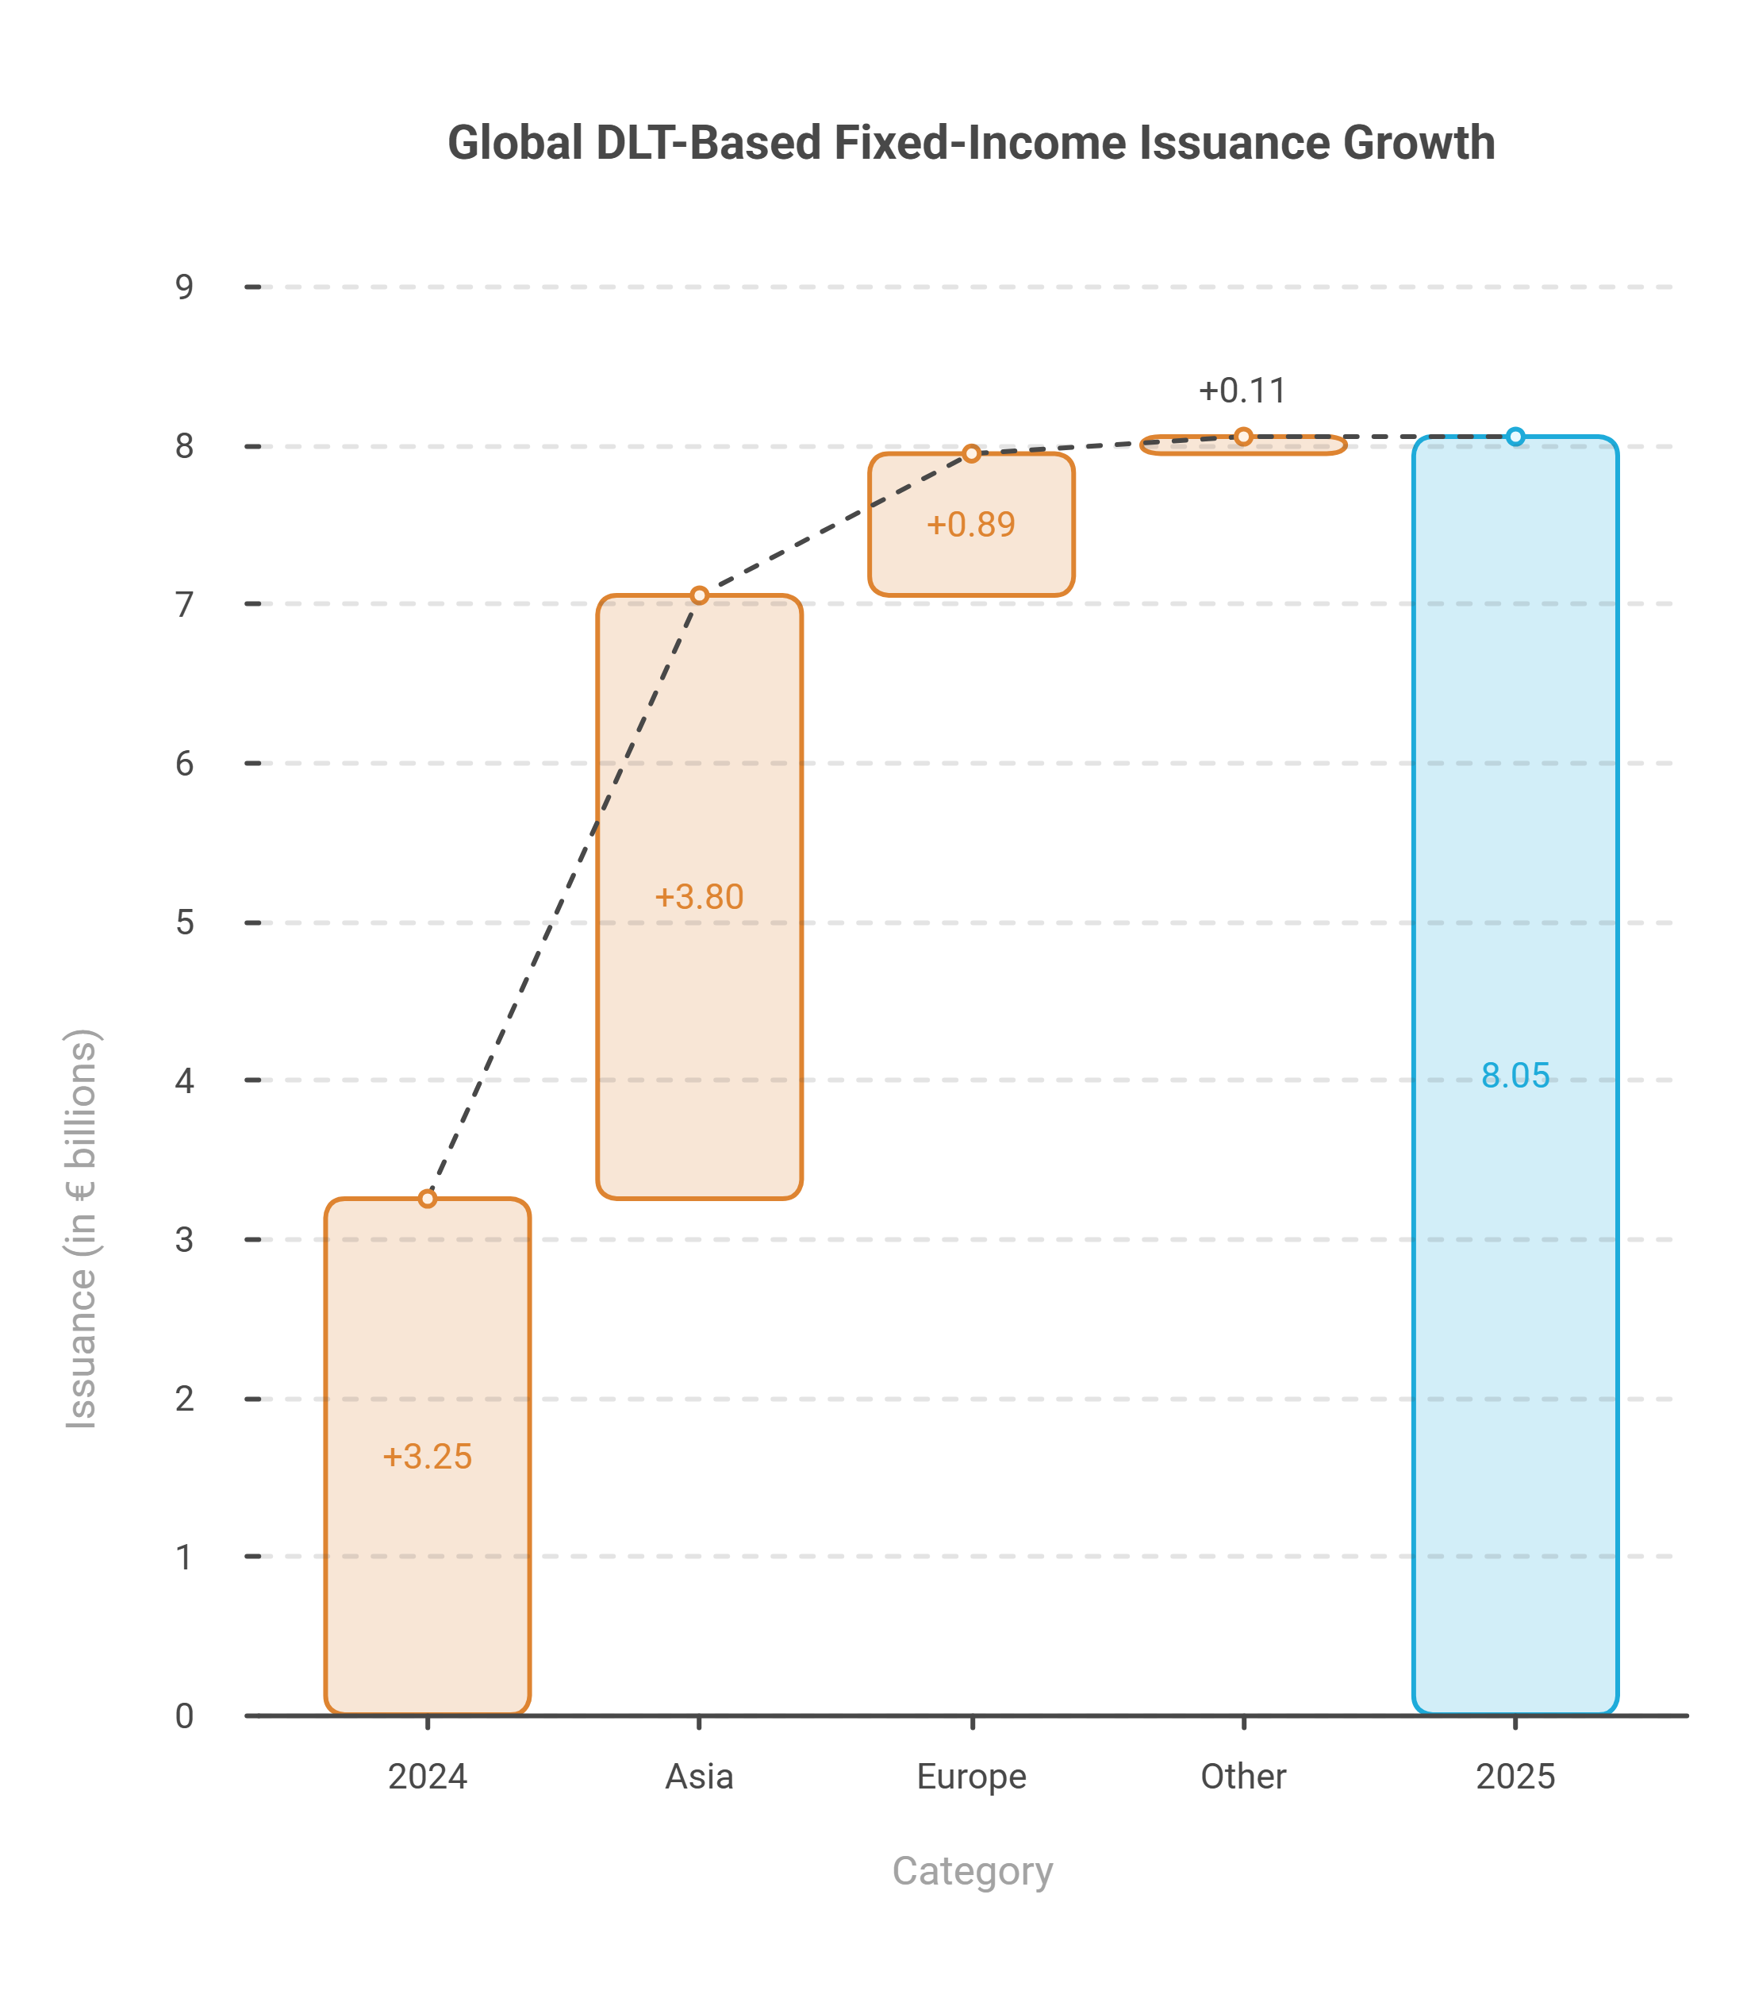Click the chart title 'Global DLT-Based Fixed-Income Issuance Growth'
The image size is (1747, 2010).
point(971,144)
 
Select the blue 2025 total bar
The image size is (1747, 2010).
point(1515,1075)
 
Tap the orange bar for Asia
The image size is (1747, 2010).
point(699,896)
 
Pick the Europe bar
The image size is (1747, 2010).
point(971,525)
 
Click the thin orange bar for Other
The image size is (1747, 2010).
point(1243,445)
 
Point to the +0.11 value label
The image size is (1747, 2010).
point(1243,391)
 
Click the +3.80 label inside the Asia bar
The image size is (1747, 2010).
point(699,897)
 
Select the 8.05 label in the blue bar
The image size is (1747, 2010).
point(1515,1076)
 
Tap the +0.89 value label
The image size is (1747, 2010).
point(971,525)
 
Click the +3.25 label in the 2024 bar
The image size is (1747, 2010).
point(427,1457)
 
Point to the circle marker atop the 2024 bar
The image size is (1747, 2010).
point(427,1199)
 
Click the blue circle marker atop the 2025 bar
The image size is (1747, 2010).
point(1515,437)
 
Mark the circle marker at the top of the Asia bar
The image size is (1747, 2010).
point(699,595)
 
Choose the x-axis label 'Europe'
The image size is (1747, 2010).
point(971,1777)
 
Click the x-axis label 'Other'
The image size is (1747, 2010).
point(1243,1777)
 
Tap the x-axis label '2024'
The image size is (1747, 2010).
point(427,1777)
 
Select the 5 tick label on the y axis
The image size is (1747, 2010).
point(184,922)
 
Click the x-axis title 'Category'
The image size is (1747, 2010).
point(972,1872)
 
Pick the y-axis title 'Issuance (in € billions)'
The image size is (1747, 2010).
point(82,1229)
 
